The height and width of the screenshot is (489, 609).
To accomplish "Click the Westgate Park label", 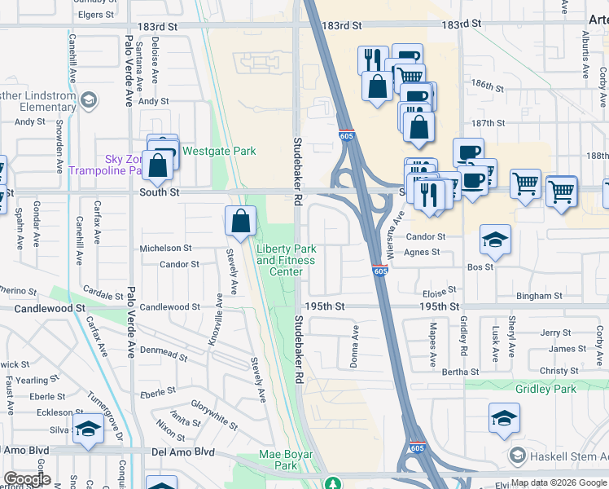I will click(x=218, y=151).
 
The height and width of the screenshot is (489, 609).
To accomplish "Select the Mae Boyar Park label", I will click(x=278, y=460).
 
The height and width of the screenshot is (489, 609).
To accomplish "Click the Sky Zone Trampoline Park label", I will click(x=106, y=165).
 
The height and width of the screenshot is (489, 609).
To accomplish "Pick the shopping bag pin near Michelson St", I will click(x=241, y=221).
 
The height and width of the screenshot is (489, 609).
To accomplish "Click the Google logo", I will click(x=26, y=479).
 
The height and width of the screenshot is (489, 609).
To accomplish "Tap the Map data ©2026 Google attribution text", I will click(x=559, y=482).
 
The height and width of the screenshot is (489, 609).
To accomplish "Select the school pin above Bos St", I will click(x=495, y=240).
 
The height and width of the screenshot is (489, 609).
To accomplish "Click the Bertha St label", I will click(x=461, y=372).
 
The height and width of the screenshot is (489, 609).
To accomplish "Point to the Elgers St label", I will click(x=95, y=15).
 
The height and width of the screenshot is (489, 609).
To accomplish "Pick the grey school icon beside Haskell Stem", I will click(x=515, y=455).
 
